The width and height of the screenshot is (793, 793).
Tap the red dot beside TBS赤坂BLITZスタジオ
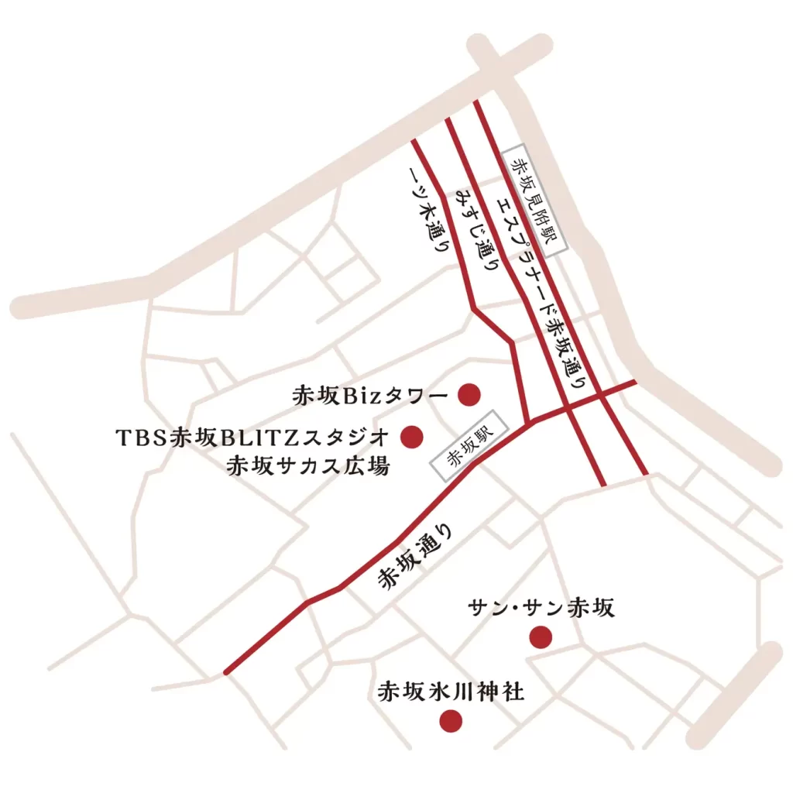(411, 437)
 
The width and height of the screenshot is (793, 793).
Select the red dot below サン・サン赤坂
(540, 637)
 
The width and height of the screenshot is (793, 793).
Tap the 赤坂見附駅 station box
(534, 201)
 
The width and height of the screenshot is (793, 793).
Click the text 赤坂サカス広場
(307, 467)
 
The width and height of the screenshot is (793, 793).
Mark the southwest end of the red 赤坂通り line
(225, 671)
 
